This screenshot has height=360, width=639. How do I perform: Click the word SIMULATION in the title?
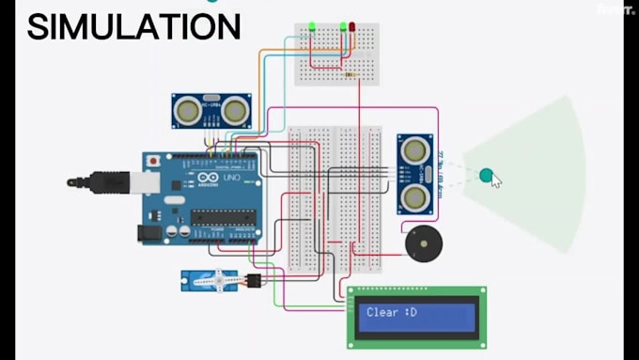point(133,26)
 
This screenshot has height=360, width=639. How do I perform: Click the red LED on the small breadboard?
point(352,27)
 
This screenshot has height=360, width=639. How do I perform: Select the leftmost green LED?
point(311,27)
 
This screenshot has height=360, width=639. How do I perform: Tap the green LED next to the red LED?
point(344,26)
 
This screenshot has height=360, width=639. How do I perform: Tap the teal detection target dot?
point(486,174)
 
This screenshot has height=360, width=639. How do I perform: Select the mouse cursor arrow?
point(496,180)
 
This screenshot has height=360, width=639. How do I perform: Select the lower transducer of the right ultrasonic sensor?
point(414,196)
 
